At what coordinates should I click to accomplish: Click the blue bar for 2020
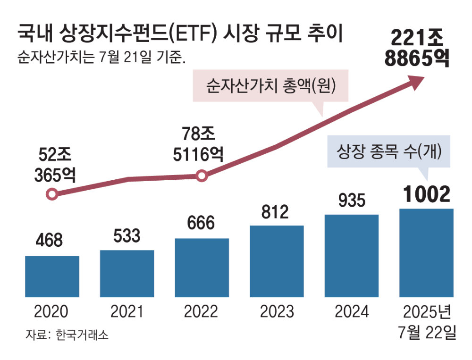coord(52,276)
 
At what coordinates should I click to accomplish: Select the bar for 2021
coord(127,274)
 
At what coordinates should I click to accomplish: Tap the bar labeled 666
coord(202,268)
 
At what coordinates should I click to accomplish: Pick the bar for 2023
coord(277,261)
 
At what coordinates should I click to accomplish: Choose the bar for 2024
coord(352,256)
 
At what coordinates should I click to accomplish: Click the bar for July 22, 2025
coord(426,253)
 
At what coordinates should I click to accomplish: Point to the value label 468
coord(49,240)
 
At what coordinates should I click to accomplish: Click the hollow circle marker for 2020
coord(52,194)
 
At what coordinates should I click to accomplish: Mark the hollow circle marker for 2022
coord(202,176)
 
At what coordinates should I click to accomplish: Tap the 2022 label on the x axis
coord(202,312)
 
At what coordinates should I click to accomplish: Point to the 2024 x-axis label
coord(352,312)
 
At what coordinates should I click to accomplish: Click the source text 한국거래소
coord(81,335)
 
